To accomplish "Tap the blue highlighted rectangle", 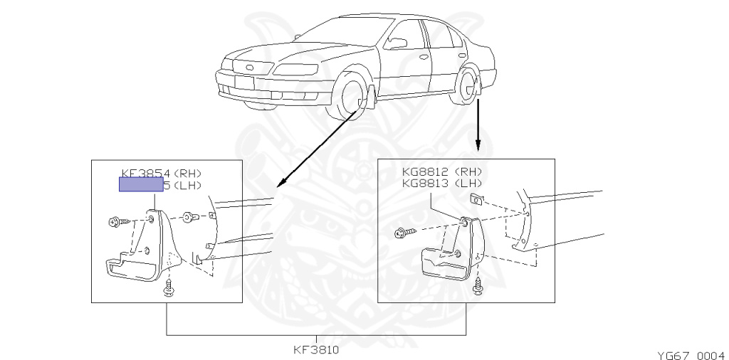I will [140, 185].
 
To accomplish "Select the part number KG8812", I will [424, 171].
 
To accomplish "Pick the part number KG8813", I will [424, 183].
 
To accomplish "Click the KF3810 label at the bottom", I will [315, 350].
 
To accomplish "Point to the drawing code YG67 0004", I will [690, 354].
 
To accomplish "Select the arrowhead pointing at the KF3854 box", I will [280, 184].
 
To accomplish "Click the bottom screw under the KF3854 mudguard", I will [169, 288].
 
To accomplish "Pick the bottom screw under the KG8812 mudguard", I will [477, 287].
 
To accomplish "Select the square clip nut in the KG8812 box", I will [476, 198].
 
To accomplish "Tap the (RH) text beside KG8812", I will [471, 171].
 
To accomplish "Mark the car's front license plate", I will [243, 80].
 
